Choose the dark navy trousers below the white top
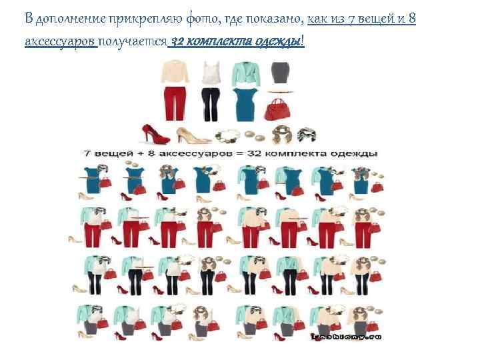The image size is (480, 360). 211,104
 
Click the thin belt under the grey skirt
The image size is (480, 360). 281,91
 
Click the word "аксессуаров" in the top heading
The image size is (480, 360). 61,41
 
